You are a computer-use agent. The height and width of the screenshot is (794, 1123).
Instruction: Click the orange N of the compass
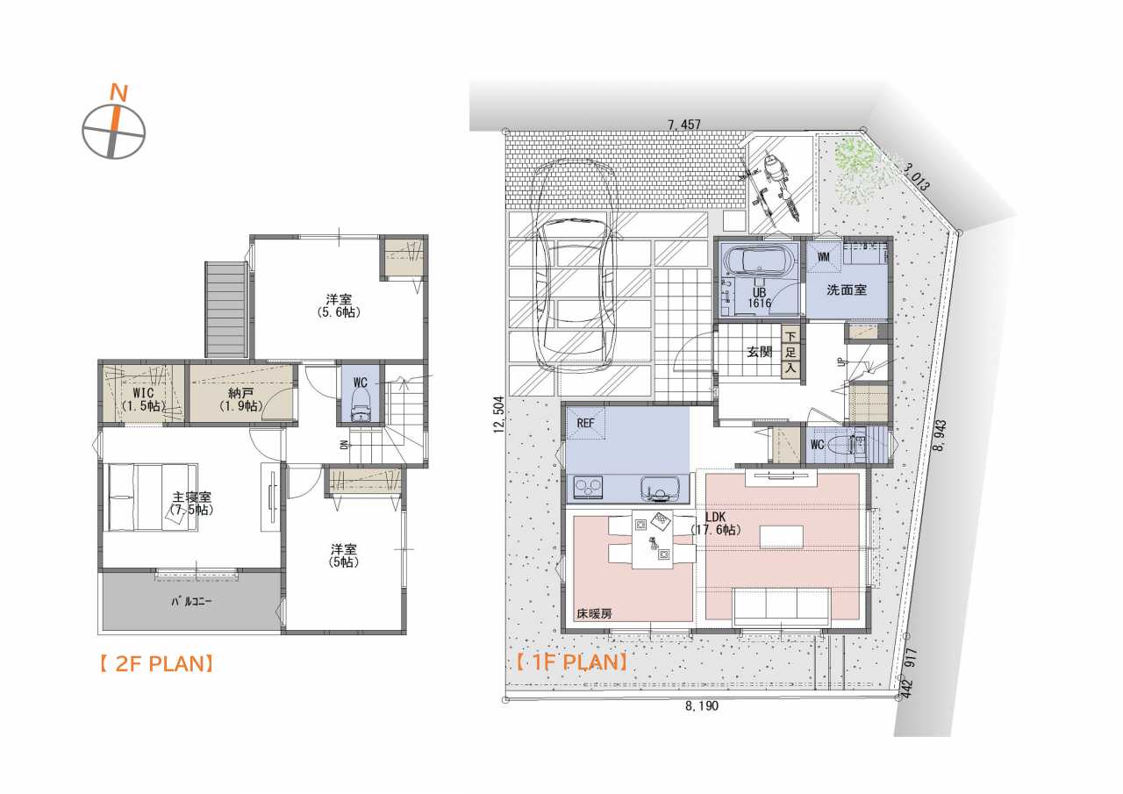(x=118, y=93)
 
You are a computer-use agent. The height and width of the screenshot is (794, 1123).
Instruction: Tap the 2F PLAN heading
(x=157, y=664)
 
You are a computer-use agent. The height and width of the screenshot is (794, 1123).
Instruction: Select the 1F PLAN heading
(x=571, y=662)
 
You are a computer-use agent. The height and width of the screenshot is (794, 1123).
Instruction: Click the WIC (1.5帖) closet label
(x=143, y=399)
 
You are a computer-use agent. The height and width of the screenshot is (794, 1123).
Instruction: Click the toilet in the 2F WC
(x=360, y=405)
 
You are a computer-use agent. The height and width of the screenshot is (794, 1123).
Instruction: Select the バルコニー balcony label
(x=191, y=602)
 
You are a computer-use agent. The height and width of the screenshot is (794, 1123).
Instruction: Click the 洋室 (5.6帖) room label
(x=339, y=306)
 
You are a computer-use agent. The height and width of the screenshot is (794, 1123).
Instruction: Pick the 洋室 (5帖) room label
(x=344, y=555)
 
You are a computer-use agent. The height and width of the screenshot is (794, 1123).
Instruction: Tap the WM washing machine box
(x=824, y=257)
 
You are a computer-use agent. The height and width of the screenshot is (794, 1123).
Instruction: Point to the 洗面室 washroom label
(x=847, y=290)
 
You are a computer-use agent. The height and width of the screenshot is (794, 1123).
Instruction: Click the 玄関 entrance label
(x=760, y=352)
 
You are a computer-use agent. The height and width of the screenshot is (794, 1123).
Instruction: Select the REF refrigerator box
(x=585, y=423)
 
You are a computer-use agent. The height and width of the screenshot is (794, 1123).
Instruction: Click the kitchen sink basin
(x=661, y=489)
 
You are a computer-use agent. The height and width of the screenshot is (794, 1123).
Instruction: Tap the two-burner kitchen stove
(x=588, y=487)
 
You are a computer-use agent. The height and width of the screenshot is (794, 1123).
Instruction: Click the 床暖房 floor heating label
(x=594, y=613)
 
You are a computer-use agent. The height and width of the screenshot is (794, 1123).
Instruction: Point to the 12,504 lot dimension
(x=498, y=414)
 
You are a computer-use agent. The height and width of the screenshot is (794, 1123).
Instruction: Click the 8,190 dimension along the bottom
(x=702, y=705)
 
